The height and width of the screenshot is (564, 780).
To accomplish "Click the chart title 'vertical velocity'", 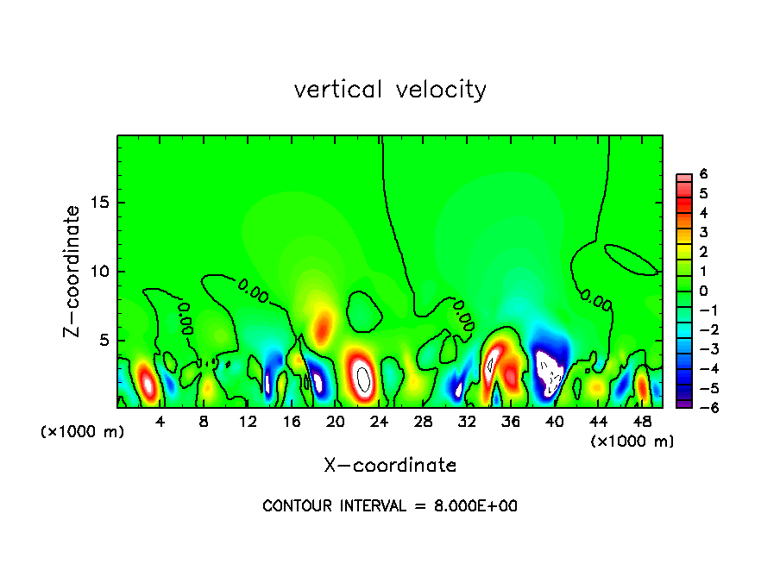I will click(390, 90).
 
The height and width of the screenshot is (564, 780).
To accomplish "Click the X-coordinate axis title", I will click(390, 466).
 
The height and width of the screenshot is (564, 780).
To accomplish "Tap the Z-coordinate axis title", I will click(74, 271).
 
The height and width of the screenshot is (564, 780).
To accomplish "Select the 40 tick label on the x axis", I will click(554, 422).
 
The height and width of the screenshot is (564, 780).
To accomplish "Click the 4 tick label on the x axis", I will click(160, 422).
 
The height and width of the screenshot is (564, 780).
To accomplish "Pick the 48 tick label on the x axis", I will click(642, 422).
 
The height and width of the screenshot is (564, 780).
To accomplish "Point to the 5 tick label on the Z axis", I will click(104, 340).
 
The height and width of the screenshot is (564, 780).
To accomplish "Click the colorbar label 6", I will click(703, 173).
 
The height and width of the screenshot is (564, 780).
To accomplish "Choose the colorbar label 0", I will click(703, 291).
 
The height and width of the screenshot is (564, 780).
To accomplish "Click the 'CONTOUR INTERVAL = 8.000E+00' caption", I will click(390, 506).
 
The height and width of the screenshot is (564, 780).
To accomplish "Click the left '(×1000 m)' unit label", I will click(82, 432).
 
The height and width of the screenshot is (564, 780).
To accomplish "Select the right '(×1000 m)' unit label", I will click(632, 442).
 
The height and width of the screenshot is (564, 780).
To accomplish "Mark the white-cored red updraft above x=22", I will click(363, 377).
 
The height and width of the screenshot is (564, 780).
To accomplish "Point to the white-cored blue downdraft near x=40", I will click(549, 370).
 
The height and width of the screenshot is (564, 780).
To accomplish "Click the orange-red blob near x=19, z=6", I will click(323, 325).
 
